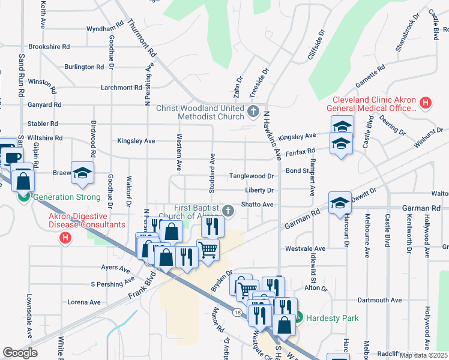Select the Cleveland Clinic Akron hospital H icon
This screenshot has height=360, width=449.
click(x=426, y=103)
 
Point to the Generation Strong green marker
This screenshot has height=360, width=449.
click(x=24, y=196)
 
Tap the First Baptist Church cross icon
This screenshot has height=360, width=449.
click(x=228, y=211)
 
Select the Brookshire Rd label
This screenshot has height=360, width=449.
click(x=49, y=46)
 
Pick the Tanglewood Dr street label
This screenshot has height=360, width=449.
click(x=252, y=176)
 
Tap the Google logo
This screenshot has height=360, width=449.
click(x=20, y=353)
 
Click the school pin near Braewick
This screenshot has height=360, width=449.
click(x=83, y=173)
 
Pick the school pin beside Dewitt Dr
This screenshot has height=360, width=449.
click(x=339, y=203)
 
